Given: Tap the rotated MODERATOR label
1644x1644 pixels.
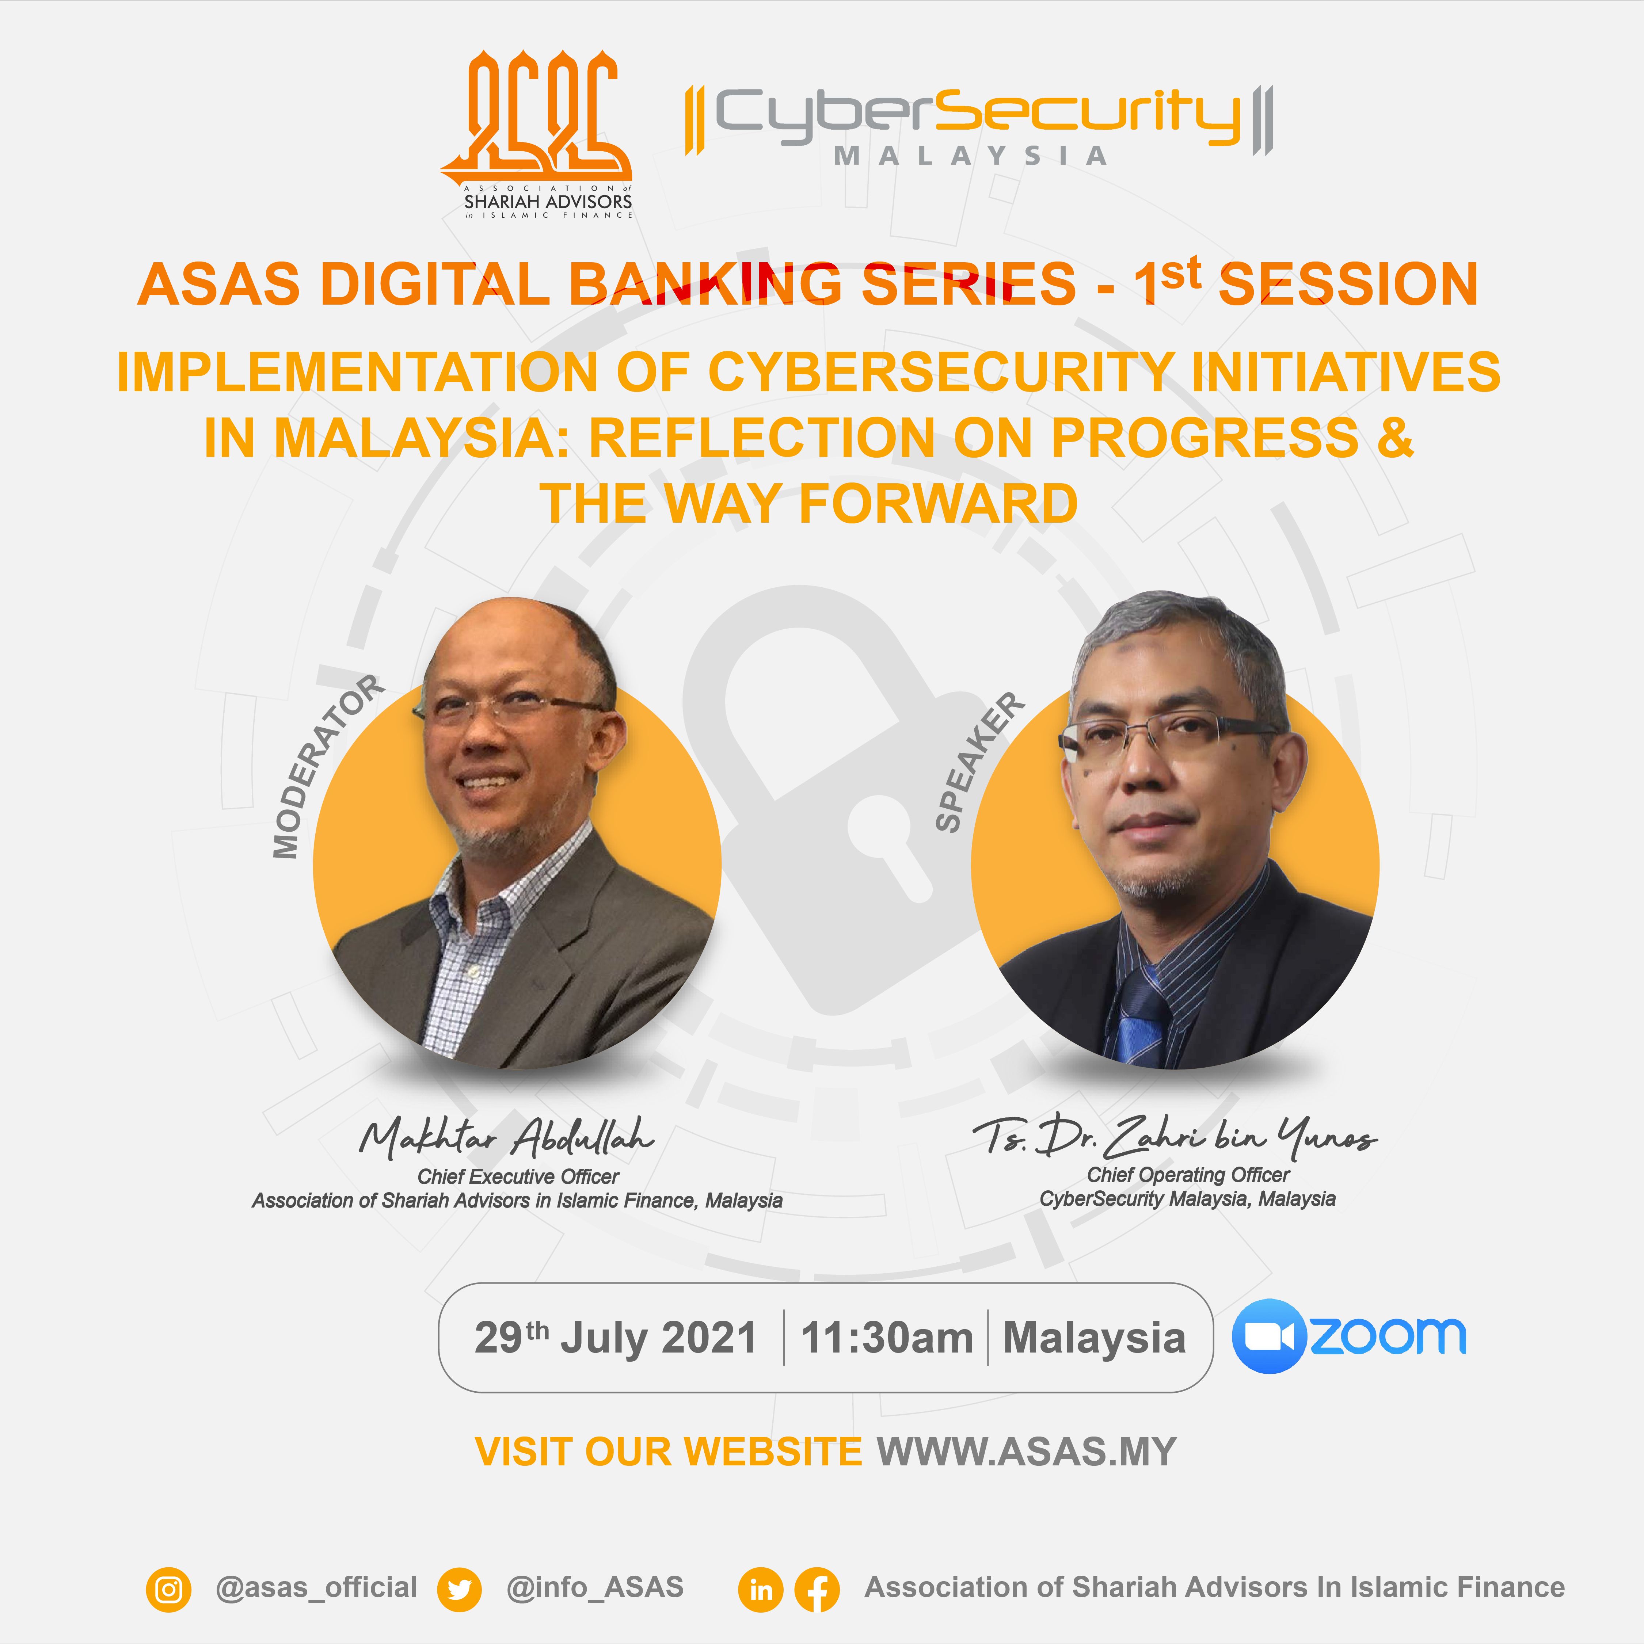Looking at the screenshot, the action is [x=328, y=766].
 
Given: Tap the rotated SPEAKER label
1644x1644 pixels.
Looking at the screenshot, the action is [x=979, y=762].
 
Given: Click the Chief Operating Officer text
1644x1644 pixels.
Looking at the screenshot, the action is [x=1188, y=1175].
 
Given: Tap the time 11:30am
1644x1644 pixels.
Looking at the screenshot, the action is [x=887, y=1338].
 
